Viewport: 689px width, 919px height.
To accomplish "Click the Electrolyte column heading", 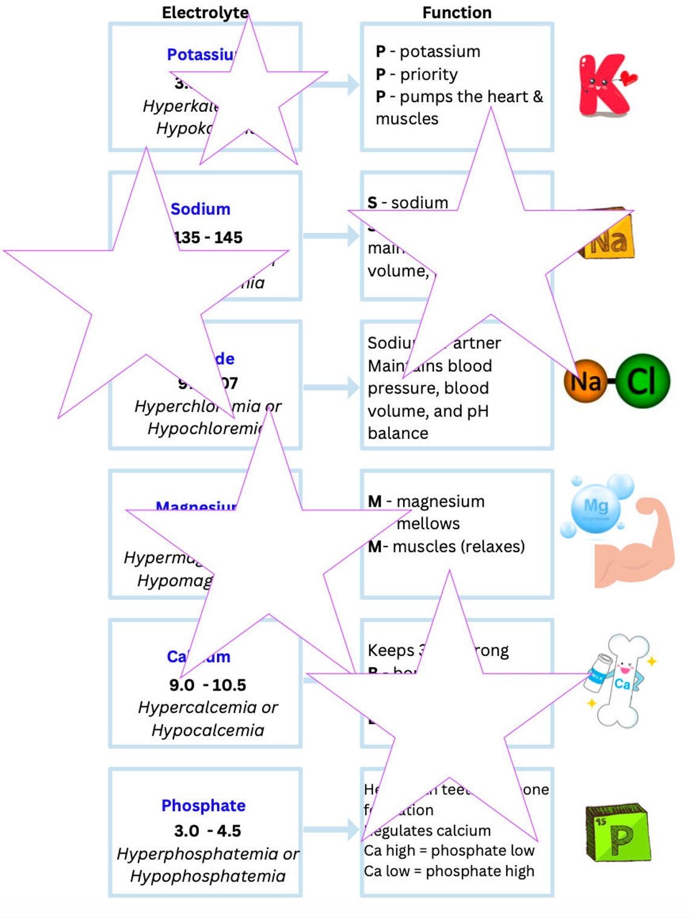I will [205, 12].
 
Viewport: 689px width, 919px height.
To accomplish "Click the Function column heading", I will [457, 12].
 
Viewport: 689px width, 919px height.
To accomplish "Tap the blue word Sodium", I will [200, 209].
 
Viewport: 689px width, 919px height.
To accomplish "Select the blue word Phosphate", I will [203, 805].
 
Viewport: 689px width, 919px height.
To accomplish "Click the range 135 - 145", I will [209, 238].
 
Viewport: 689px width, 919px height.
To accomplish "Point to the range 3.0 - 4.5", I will [207, 831].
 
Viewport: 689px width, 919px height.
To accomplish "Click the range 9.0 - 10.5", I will [207, 685].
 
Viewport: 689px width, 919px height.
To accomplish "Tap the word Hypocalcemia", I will [207, 730].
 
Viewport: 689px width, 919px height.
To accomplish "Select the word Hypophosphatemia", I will [207, 876].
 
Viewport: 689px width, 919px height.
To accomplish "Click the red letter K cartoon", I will [604, 85].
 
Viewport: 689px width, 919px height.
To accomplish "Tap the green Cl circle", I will [642, 381].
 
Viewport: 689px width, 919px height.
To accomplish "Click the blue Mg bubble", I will [596, 507].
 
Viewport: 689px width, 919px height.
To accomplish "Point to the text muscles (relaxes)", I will [458, 547].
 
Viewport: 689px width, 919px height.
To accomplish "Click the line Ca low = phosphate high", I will [449, 871].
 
